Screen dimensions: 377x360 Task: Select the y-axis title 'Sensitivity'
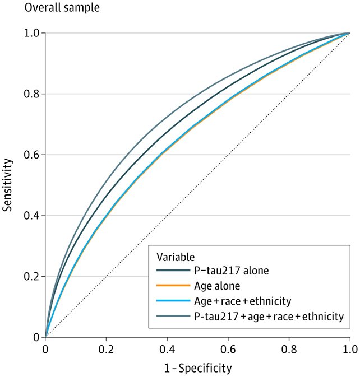tap(8, 184)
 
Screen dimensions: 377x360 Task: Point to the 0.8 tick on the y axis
tap(33, 94)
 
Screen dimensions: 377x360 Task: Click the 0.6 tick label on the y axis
tap(33, 155)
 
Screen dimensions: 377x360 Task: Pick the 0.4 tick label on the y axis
tap(33, 216)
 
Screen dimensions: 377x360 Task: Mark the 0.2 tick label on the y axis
tap(33, 277)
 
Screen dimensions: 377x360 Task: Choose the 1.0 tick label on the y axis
tap(33, 33)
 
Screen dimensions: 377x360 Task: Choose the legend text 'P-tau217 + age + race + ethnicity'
tap(268, 317)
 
